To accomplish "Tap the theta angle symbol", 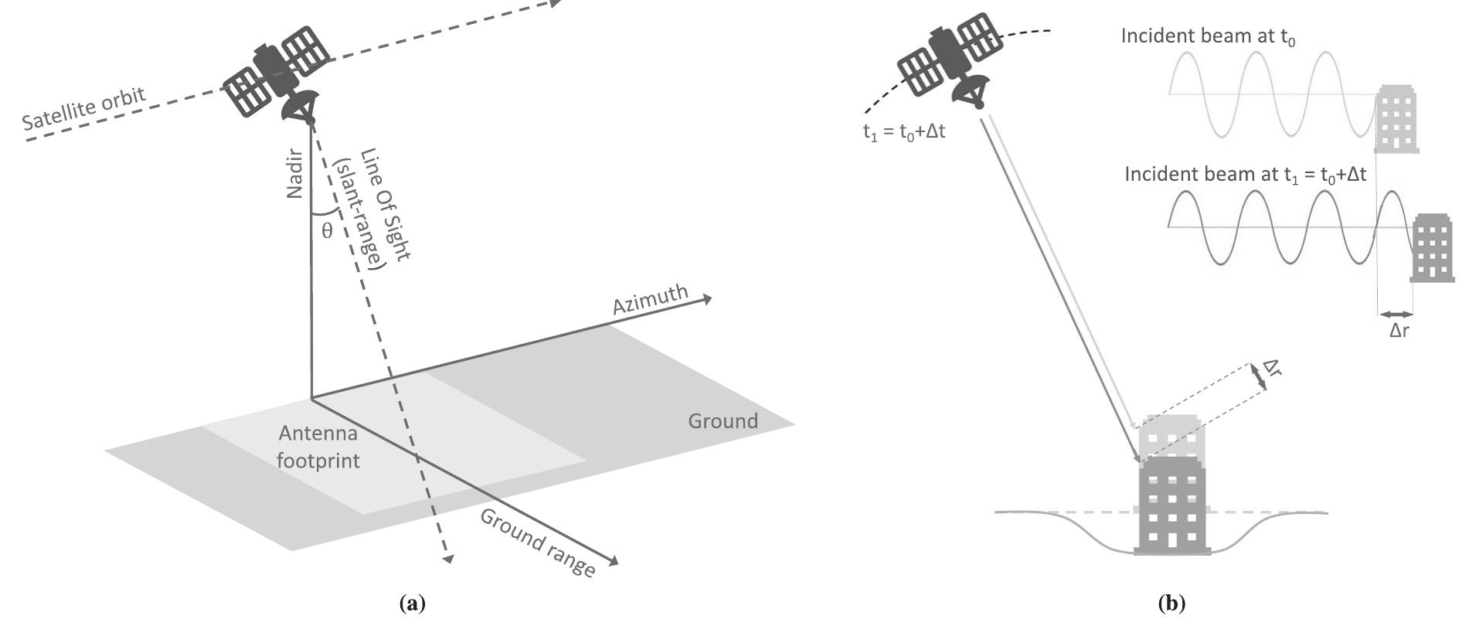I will [327, 230].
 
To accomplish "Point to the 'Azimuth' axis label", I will [650, 299].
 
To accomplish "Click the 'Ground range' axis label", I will [538, 543].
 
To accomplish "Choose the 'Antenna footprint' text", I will [318, 447].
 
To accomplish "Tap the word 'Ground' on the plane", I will [723, 421].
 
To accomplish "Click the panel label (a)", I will [413, 604].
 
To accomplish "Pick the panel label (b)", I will [1171, 604].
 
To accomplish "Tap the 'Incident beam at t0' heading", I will [1208, 36].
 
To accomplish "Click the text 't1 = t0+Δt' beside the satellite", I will [904, 131].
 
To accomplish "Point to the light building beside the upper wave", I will [1397, 120].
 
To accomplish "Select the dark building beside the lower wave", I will [1433, 247].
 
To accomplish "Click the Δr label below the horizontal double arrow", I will [1399, 332].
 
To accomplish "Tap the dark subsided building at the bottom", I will [1171, 506].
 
